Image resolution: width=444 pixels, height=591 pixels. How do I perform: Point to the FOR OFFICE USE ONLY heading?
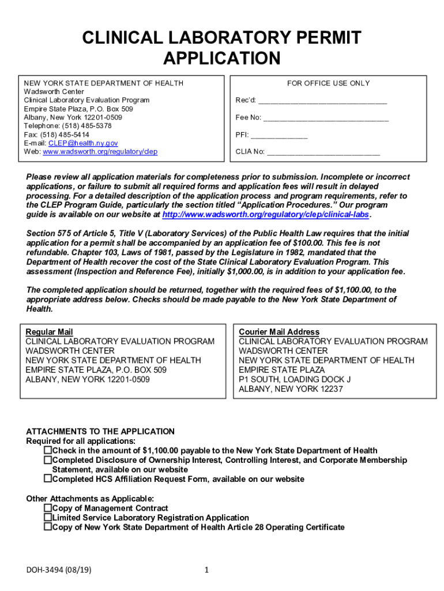click(328, 83)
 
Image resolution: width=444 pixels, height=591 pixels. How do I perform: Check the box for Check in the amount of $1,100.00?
click(48, 450)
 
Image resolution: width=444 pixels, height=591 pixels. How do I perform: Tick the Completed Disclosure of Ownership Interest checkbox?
click(48, 460)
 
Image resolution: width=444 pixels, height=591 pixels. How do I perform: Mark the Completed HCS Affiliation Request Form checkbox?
click(48, 479)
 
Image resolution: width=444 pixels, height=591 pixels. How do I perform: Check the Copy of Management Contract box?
click(48, 508)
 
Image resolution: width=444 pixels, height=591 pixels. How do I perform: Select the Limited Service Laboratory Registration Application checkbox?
click(48, 518)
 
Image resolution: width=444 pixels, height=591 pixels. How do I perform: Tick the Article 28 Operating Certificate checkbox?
click(48, 527)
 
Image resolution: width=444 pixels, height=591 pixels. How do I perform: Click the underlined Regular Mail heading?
click(49, 332)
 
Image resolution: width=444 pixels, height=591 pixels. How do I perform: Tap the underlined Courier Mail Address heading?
click(279, 332)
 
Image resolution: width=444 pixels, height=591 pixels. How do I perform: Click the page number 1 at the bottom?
click(206, 571)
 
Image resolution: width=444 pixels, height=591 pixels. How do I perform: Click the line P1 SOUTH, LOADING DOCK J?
click(295, 379)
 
